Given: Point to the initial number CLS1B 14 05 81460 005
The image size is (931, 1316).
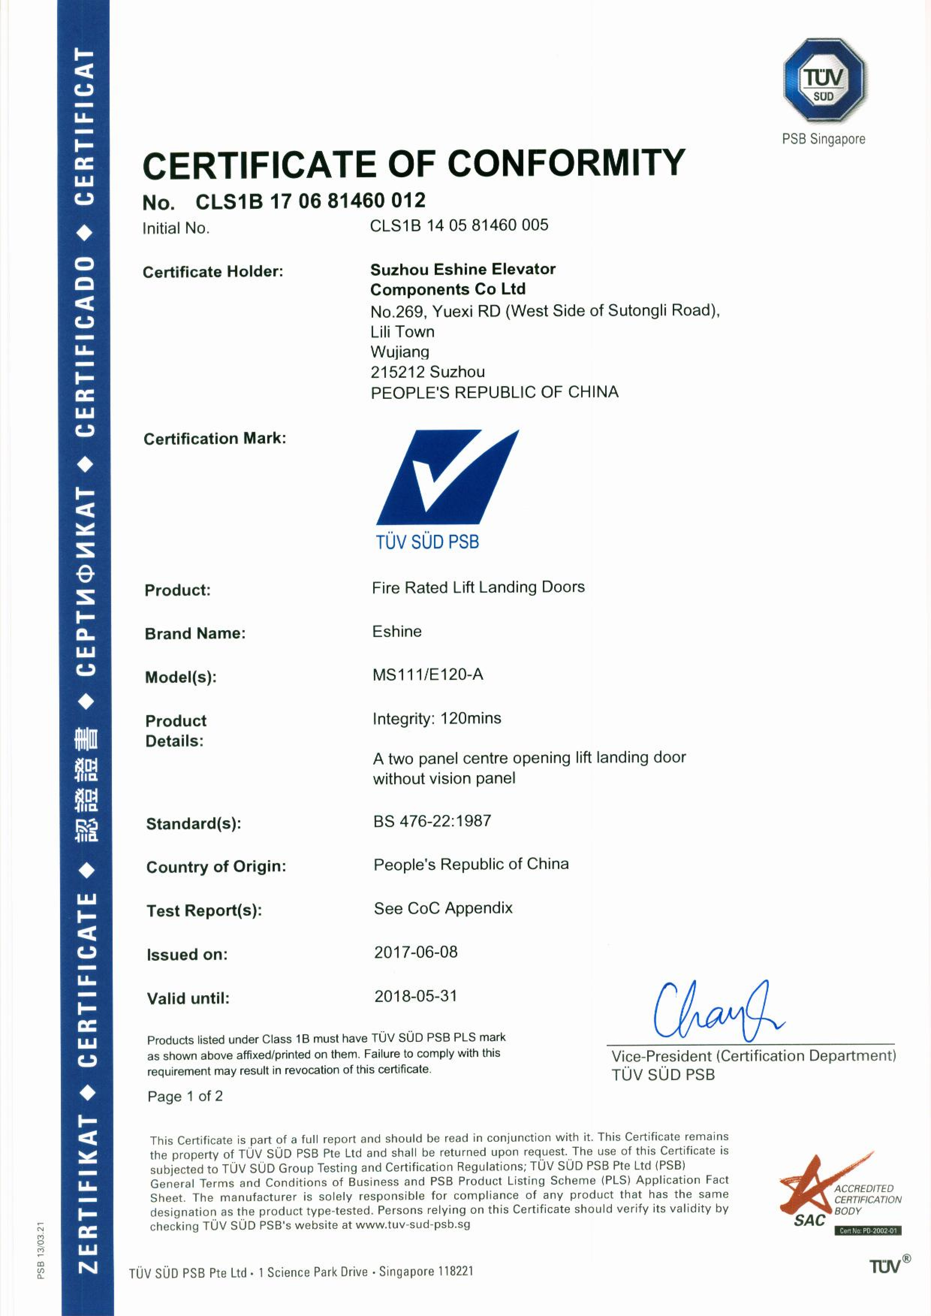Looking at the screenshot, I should (x=459, y=225).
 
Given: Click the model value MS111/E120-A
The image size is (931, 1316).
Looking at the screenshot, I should (x=427, y=675).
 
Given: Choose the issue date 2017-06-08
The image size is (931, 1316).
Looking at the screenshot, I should (x=416, y=952).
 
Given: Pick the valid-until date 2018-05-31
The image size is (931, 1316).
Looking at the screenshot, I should (x=416, y=996).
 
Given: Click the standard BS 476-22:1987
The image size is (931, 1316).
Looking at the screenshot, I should (x=432, y=821).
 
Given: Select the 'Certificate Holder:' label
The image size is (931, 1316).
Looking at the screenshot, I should (x=213, y=272).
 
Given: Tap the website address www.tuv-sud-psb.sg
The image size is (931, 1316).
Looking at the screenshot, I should (x=413, y=1225).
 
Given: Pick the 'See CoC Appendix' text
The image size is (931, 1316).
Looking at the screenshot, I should (x=443, y=908).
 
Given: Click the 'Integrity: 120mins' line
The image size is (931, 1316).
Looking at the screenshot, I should (x=436, y=718).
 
